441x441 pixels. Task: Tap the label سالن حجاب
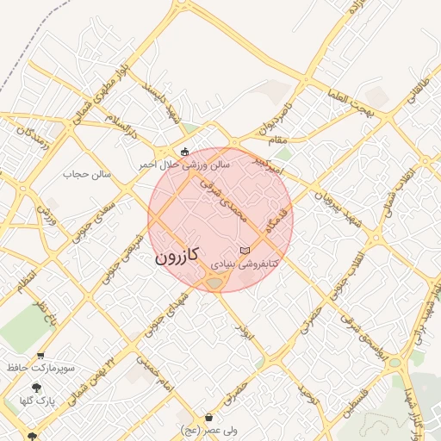(x=88, y=174)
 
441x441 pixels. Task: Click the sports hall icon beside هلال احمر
(x=184, y=152)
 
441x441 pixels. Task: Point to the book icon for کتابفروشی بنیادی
(x=245, y=250)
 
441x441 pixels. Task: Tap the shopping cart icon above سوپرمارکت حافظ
(x=40, y=356)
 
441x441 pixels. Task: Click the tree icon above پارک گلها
(x=36, y=388)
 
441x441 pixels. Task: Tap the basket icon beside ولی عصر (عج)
(x=209, y=418)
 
